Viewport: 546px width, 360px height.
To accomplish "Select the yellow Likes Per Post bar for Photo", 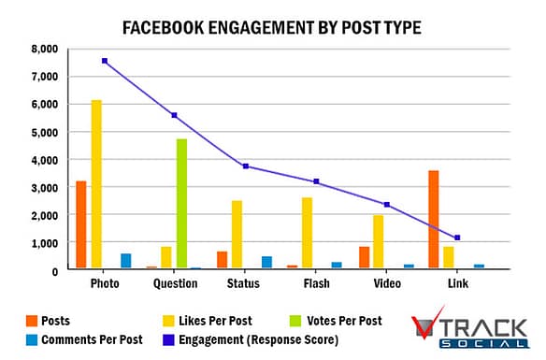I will tap(96, 184).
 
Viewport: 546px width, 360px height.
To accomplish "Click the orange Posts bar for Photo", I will tap(81, 224).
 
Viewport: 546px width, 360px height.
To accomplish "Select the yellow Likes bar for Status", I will tap(237, 235).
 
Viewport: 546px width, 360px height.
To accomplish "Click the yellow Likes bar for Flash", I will tap(307, 233).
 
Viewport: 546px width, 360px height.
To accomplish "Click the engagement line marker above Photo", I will tap(105, 61).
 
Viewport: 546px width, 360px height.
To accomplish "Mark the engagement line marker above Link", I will tap(457, 238).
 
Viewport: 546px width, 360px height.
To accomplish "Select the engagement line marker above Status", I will tap(246, 166).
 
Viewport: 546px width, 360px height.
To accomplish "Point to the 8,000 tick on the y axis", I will tap(43, 49).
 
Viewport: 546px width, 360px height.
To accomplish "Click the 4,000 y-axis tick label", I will tap(43, 160).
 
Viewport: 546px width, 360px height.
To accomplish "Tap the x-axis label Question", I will tap(175, 283).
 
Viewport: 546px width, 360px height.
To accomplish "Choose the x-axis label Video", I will tap(386, 283).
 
